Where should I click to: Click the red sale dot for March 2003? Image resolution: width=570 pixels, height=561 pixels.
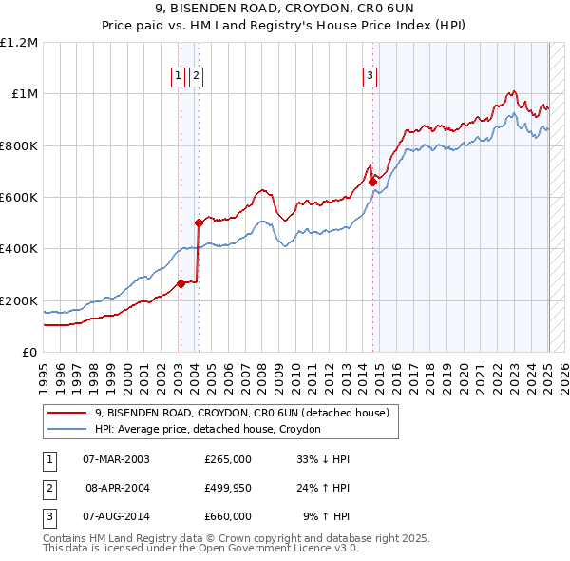click(x=180, y=283)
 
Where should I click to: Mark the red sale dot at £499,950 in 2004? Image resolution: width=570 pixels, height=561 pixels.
click(x=199, y=223)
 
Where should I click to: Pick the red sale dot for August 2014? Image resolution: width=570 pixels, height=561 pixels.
click(x=373, y=182)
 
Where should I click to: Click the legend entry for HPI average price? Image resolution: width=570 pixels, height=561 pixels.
click(x=208, y=429)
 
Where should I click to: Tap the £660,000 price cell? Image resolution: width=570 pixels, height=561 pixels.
click(x=228, y=516)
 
